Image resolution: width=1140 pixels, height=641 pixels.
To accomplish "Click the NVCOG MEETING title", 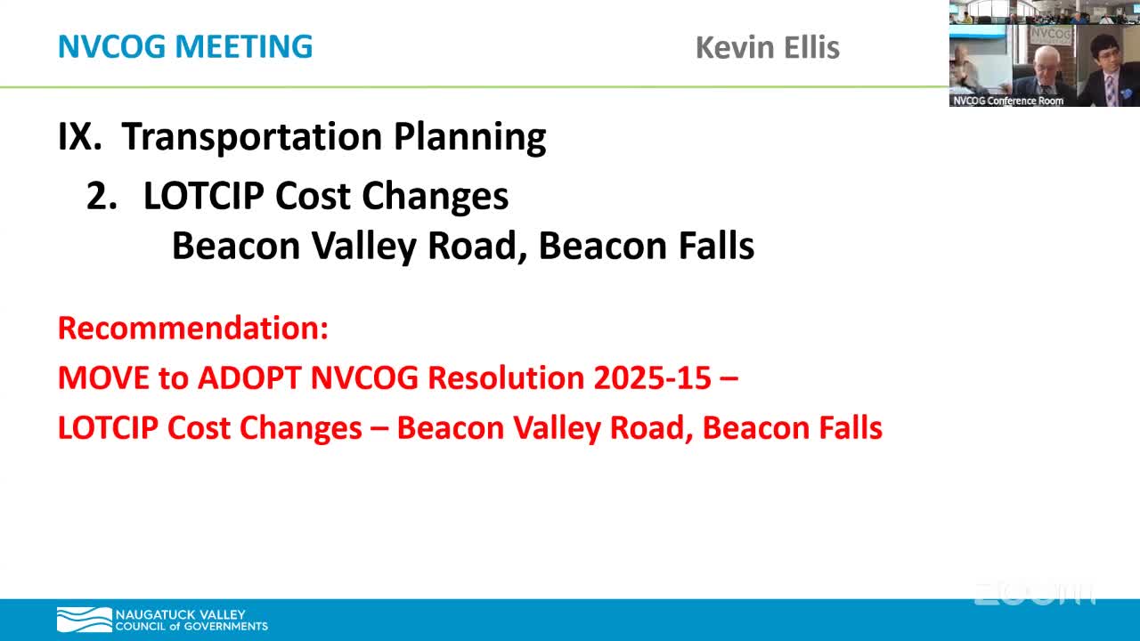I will (x=185, y=46).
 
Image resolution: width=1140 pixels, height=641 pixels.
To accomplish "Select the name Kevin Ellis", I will (x=767, y=47).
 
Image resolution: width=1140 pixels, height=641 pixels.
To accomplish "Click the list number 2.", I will (x=102, y=197).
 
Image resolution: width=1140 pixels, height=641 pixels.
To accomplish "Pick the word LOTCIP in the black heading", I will (x=204, y=197).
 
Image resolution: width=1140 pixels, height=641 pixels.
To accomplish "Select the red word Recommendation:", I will (x=193, y=328).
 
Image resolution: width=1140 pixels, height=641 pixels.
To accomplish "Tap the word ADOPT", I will (x=249, y=377).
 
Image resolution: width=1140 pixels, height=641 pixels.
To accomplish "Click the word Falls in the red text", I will (x=847, y=428).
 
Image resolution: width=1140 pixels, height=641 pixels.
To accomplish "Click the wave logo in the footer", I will (x=84, y=620).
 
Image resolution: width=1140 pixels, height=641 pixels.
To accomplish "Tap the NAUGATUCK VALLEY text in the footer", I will (x=180, y=614).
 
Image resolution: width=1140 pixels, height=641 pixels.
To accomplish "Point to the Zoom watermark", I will (x=1033, y=594).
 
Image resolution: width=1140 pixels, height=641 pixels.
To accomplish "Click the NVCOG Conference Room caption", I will (x=1008, y=101).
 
